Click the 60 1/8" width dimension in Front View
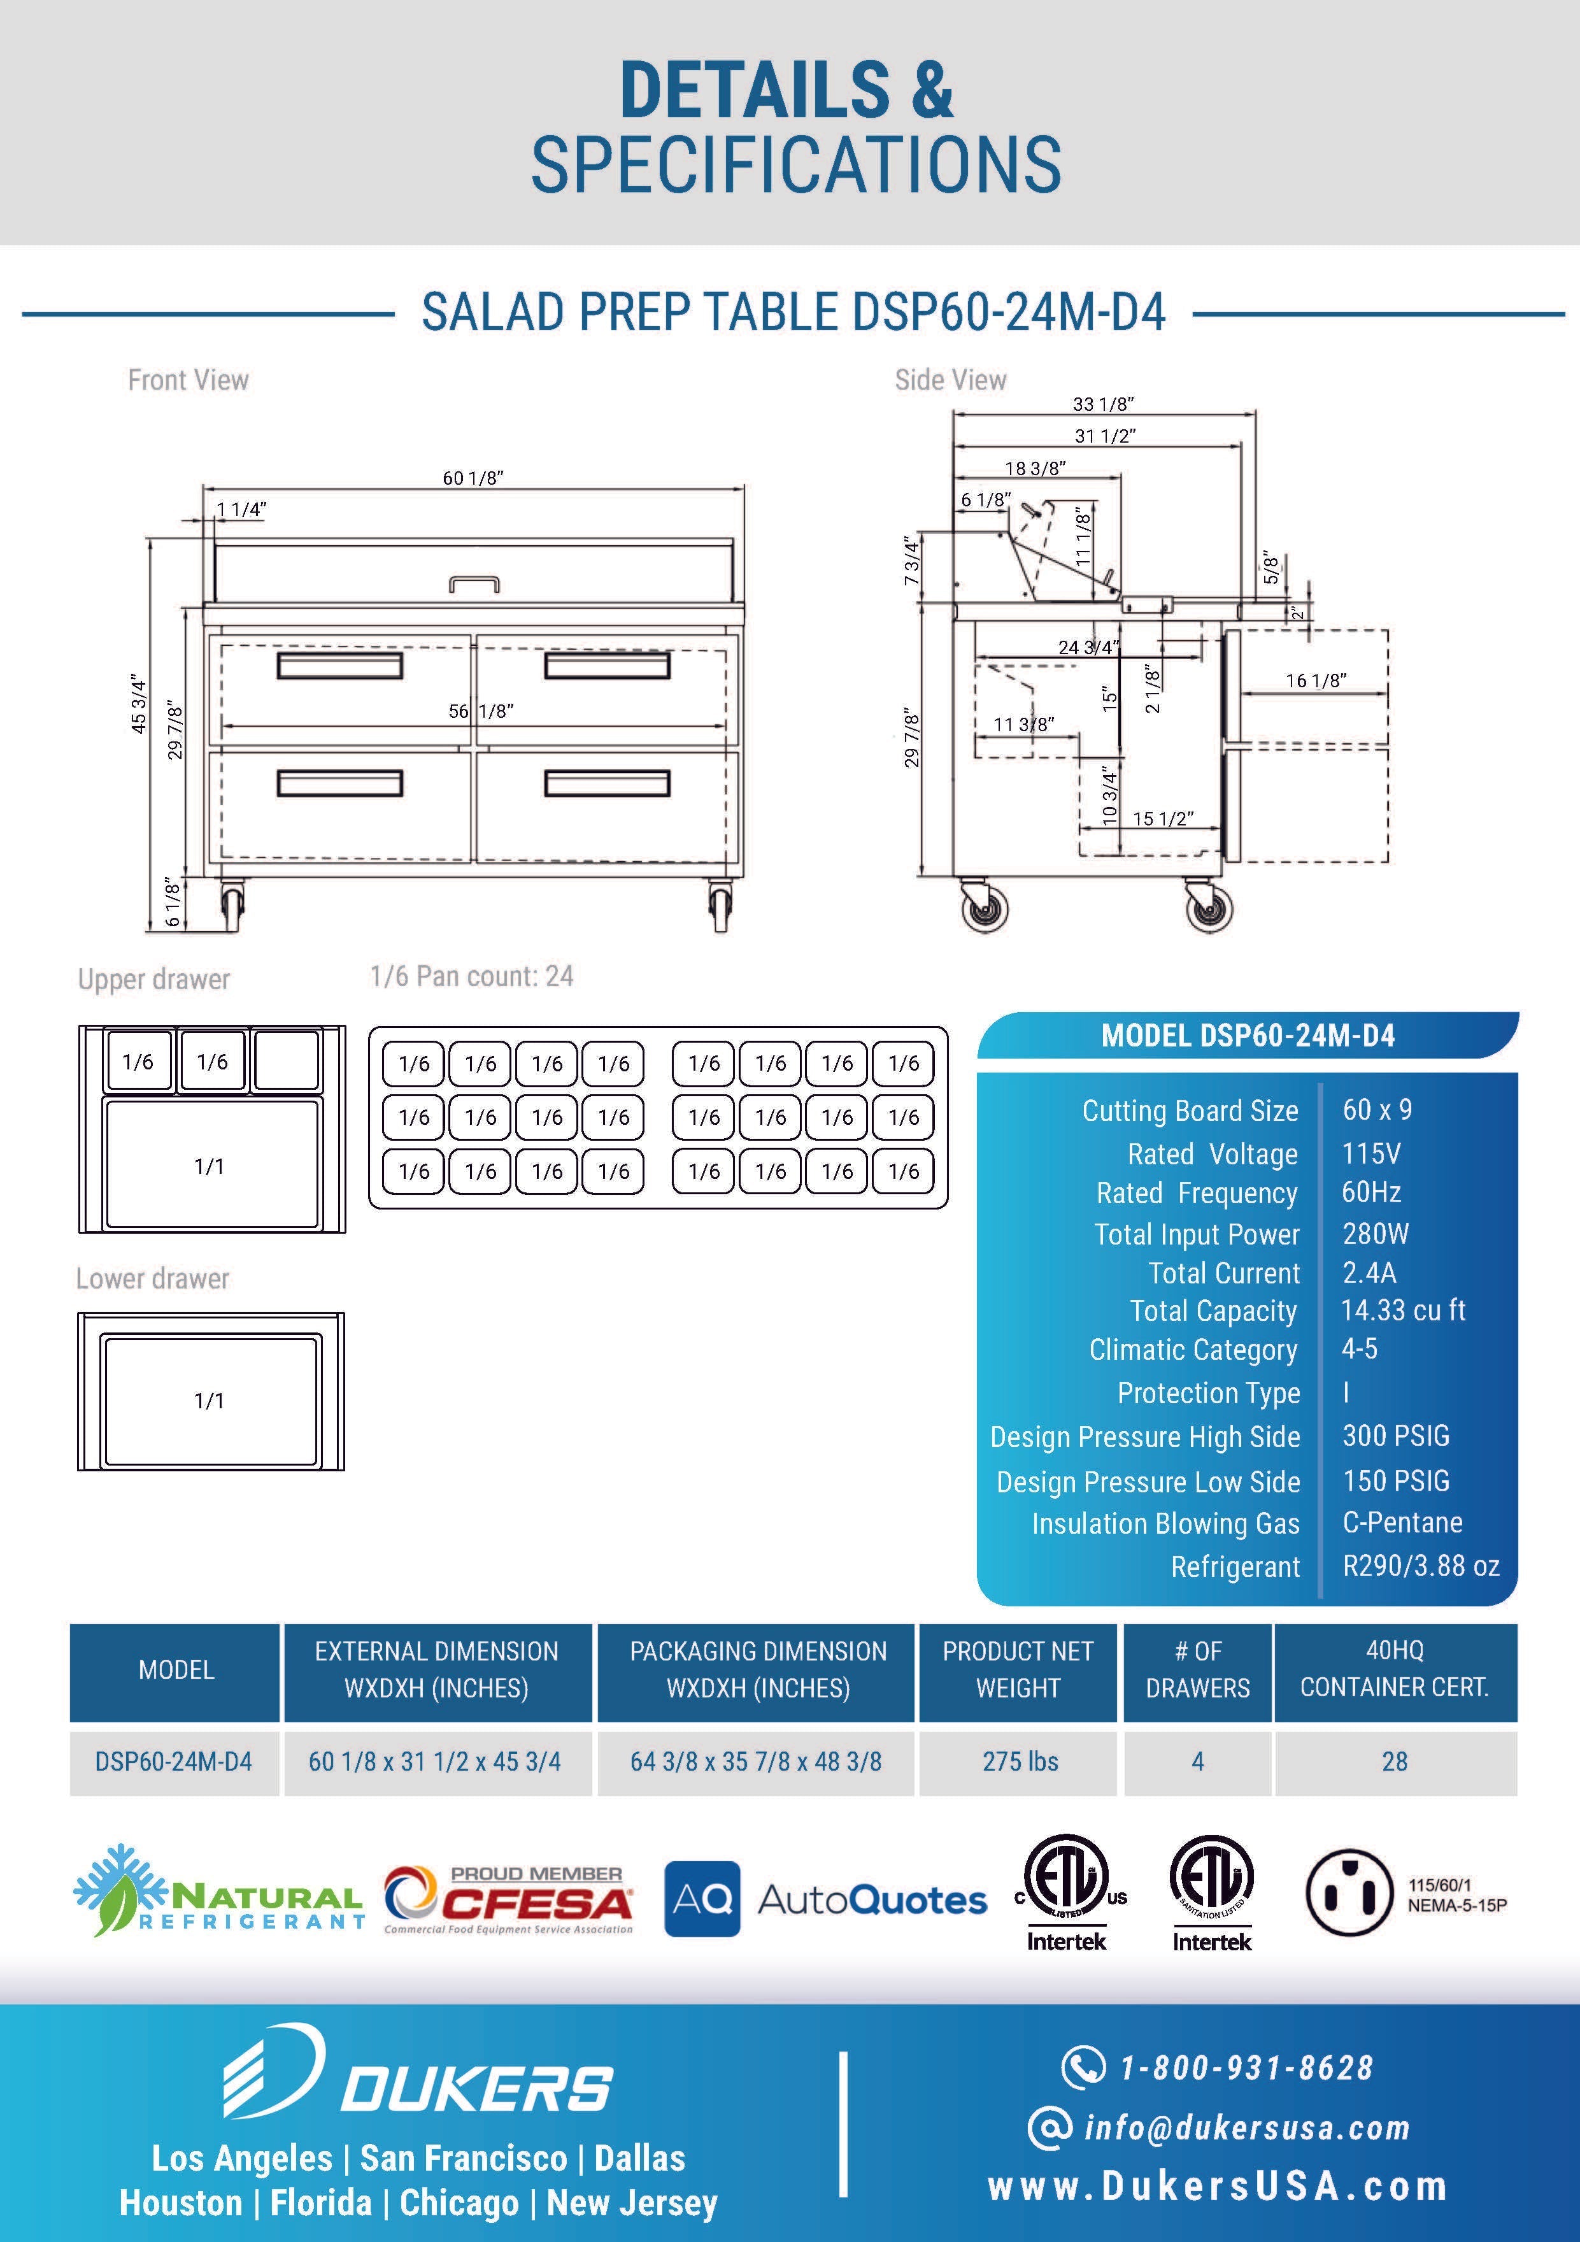click(x=473, y=478)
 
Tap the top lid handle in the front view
click(x=474, y=584)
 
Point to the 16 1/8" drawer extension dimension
click(x=1315, y=681)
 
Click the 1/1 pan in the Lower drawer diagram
click(x=211, y=1399)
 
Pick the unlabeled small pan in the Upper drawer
click(x=286, y=1060)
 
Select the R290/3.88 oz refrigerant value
click(x=1420, y=1566)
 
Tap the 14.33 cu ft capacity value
click(x=1402, y=1310)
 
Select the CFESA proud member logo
click(x=508, y=1899)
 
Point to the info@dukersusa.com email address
click(x=1246, y=2127)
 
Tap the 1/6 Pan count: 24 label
click(x=472, y=976)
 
